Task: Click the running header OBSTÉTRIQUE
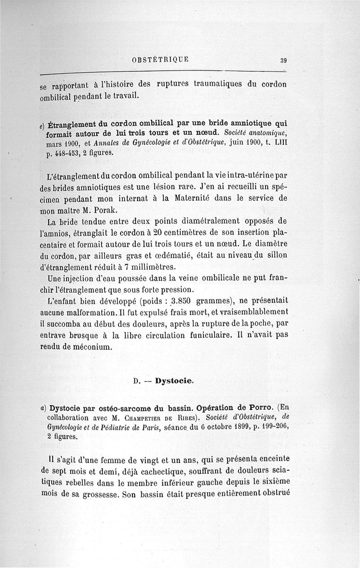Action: point(161,59)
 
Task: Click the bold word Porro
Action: point(261,408)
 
